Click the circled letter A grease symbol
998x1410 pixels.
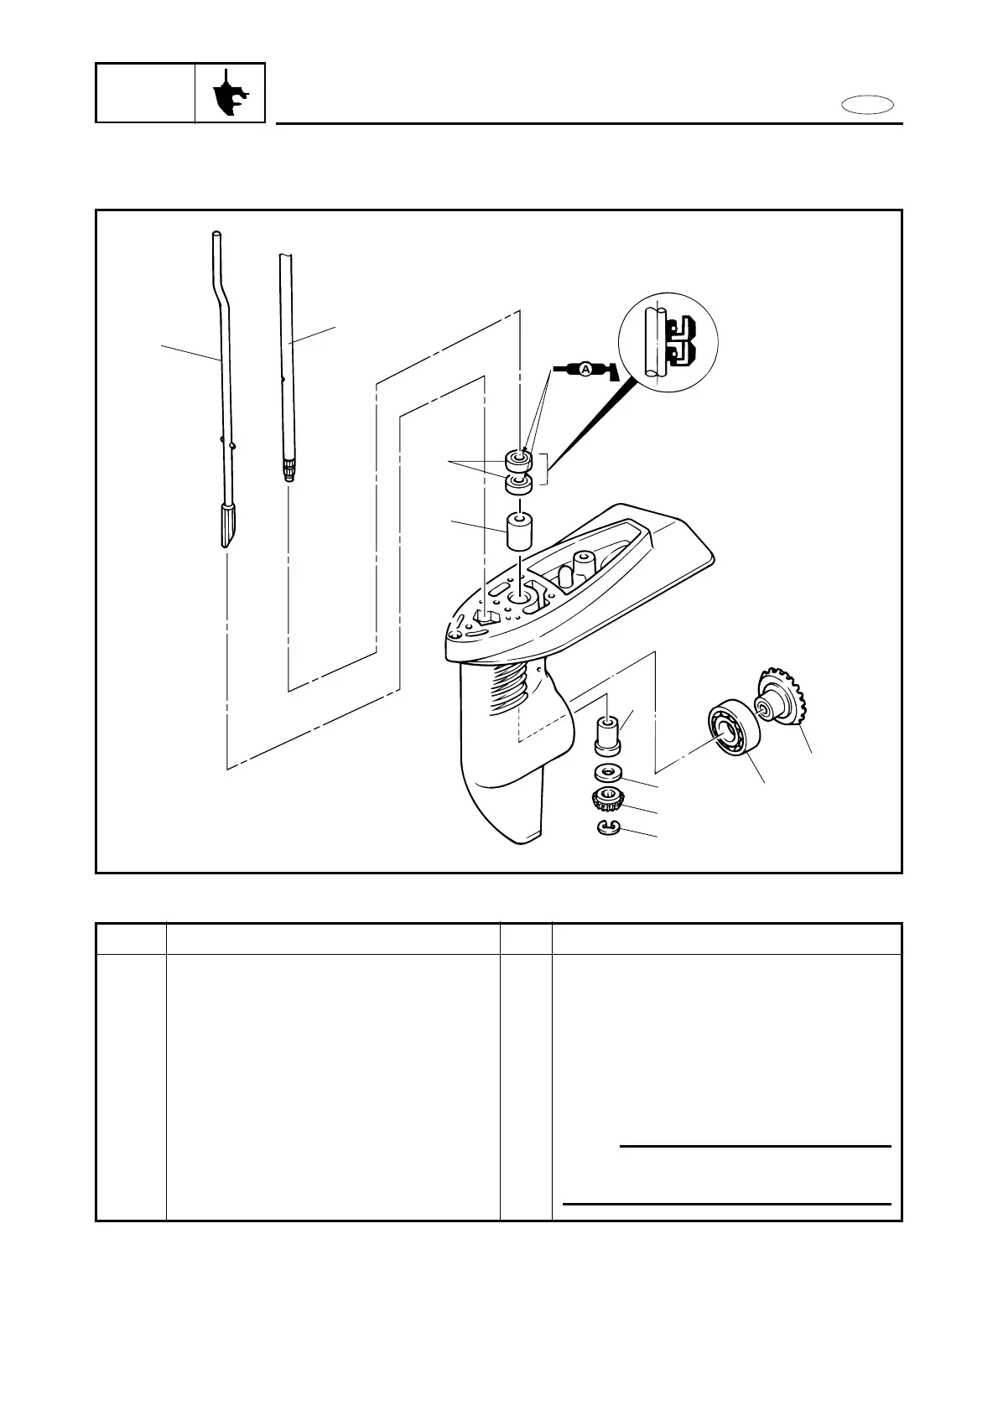coord(585,370)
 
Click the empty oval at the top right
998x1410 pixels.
coord(867,106)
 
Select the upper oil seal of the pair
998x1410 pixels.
coord(518,459)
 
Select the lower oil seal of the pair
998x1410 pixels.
coord(518,484)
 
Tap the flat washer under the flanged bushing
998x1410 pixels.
coord(608,770)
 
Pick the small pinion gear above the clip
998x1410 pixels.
coord(607,801)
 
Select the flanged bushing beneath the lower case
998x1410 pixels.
coord(608,734)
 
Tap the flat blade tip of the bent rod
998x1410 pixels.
coord(229,526)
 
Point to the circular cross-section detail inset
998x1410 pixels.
coord(668,344)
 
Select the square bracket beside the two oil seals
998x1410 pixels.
coord(545,469)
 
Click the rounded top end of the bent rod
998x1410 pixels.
coord(216,236)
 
